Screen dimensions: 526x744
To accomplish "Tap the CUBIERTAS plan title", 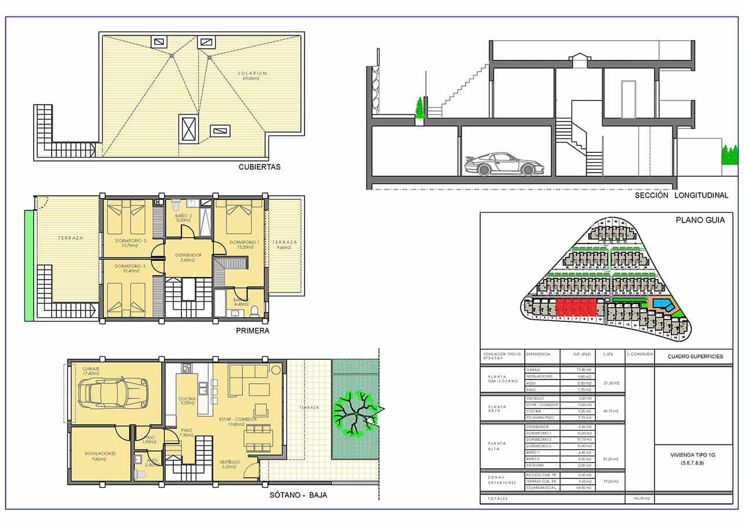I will click(x=259, y=167).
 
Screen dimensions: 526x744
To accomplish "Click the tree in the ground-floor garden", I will click(x=354, y=412).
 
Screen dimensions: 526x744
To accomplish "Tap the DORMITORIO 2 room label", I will click(x=130, y=241).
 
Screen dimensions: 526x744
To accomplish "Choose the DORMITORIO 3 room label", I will click(x=130, y=266).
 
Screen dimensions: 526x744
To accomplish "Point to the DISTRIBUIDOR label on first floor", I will click(x=187, y=255).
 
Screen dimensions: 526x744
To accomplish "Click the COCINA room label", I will click(x=187, y=399).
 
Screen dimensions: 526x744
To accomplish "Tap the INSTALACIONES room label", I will click(x=100, y=453).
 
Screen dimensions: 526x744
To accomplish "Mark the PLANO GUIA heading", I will click(x=697, y=220).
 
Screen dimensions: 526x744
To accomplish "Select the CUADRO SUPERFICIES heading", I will click(x=695, y=356).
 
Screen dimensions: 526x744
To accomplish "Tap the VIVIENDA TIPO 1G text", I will click(x=693, y=455).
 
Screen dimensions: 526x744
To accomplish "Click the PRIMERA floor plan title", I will click(x=252, y=331).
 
